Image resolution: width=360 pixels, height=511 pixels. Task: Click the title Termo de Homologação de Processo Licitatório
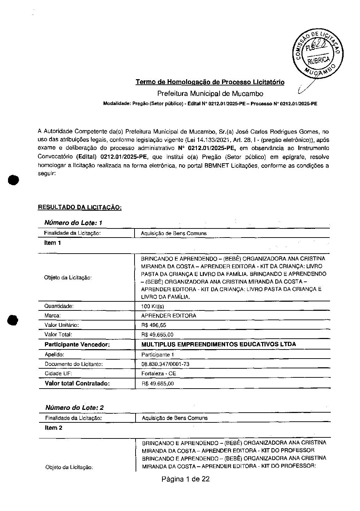(x=210, y=82)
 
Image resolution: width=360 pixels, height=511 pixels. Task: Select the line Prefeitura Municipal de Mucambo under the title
(x=210, y=93)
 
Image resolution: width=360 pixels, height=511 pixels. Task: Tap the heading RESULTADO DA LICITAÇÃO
(x=79, y=207)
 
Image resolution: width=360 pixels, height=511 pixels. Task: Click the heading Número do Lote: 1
(x=73, y=223)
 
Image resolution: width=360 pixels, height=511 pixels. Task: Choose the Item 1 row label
(x=53, y=243)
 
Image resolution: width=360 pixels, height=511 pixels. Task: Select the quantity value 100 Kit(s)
(x=152, y=306)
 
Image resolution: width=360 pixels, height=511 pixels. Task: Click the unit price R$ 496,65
(x=154, y=325)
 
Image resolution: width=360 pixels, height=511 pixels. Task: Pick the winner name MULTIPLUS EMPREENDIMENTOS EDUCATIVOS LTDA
(x=219, y=344)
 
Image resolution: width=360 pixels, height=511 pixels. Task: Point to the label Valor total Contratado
(x=77, y=383)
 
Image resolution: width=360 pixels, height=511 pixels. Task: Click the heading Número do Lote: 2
(x=75, y=407)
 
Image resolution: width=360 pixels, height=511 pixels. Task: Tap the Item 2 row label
(x=53, y=428)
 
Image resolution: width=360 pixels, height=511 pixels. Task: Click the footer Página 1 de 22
(x=185, y=479)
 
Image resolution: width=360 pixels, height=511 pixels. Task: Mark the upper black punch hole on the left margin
(x=13, y=180)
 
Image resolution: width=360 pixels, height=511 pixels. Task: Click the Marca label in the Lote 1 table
(x=53, y=316)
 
